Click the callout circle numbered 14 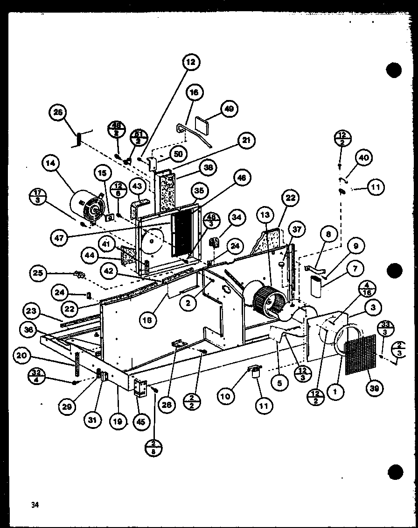click(x=51, y=164)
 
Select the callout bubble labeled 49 click(x=229, y=109)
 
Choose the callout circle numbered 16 click(x=194, y=93)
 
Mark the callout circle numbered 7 click(x=356, y=269)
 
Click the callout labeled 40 click(x=364, y=158)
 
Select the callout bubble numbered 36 click(x=29, y=329)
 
